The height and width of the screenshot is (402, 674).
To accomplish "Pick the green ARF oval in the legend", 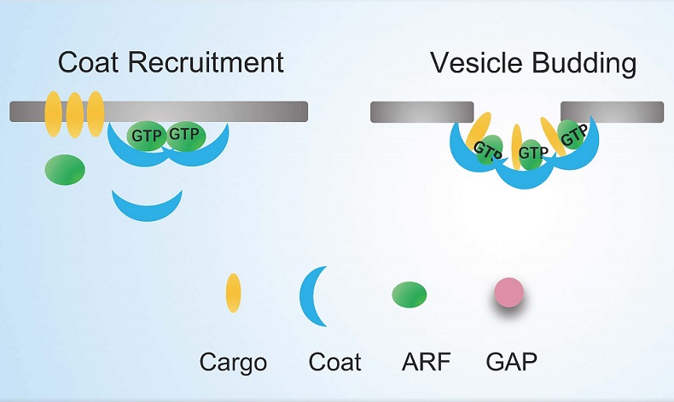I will [410, 294].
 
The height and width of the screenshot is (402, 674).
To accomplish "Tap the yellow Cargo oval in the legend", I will [233, 294].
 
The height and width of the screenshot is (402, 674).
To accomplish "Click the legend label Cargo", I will [233, 362].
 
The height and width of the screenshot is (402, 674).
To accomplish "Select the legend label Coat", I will [334, 362].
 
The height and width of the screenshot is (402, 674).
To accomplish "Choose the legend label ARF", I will [422, 362].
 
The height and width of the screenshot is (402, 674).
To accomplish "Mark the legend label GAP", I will [511, 362].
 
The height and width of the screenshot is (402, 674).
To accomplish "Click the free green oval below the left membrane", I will [65, 169].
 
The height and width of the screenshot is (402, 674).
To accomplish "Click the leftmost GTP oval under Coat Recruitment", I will [148, 135].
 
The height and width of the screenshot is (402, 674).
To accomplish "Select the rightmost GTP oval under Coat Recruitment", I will [184, 134].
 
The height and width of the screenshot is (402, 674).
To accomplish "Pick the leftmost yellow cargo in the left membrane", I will [53, 111].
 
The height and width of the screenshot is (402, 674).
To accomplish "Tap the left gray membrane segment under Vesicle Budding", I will [421, 111].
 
